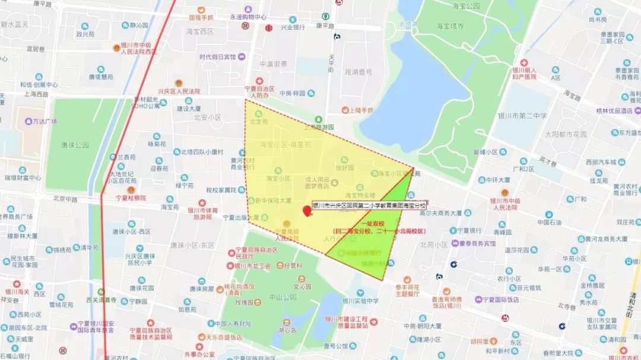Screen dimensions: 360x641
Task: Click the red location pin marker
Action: click(307, 211)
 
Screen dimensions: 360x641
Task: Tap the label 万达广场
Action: click(45, 122)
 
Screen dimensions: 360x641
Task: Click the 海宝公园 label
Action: click(465, 6)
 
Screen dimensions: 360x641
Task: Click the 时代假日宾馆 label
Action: click(217, 57)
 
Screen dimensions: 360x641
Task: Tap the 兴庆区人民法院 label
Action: click(178, 91)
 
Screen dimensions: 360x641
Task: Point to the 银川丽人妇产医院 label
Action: click(524, 74)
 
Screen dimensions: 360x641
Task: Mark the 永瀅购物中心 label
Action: click(249, 17)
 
